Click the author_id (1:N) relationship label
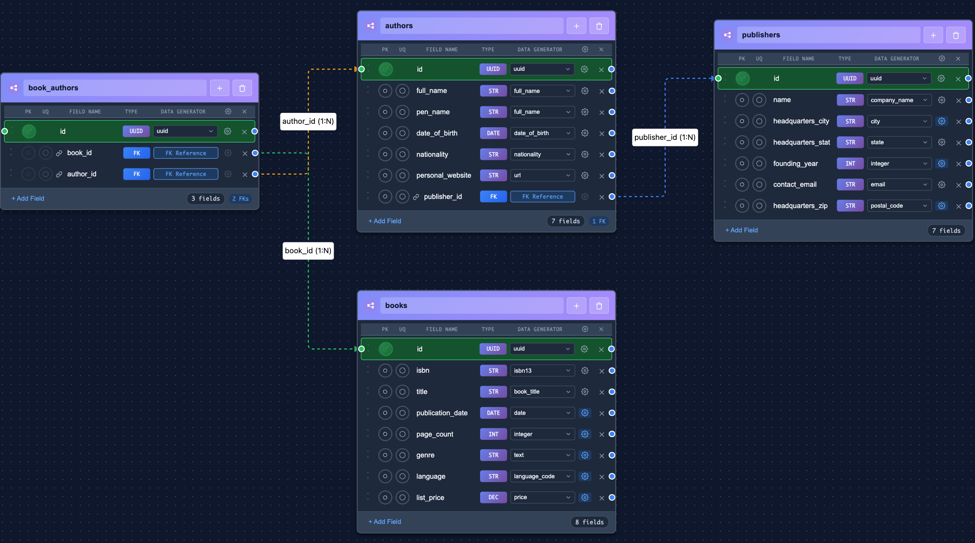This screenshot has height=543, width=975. coord(308,121)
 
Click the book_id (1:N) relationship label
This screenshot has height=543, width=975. coord(308,251)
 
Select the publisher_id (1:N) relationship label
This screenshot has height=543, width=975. coord(664,137)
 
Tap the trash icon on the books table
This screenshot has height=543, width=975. coord(599,306)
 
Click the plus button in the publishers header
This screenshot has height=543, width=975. coord(933,35)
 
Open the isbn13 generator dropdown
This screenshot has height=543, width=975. coord(542,371)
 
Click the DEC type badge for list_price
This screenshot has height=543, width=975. coord(493,497)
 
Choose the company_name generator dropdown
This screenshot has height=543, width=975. coord(898,100)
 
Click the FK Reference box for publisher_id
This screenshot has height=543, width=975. coord(542,197)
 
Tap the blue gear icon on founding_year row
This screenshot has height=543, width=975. coord(942,164)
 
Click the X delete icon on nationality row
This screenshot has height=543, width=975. coord(601,155)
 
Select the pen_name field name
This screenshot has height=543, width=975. coord(433,112)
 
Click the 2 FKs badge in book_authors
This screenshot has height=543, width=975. coord(240,199)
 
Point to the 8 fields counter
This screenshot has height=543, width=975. coord(589,522)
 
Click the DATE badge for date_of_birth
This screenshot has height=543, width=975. coord(493,133)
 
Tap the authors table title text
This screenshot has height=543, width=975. coord(399,26)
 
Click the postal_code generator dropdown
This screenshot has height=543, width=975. coord(898,206)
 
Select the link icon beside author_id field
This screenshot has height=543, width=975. coord(59,174)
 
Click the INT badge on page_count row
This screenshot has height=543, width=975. coord(493,434)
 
